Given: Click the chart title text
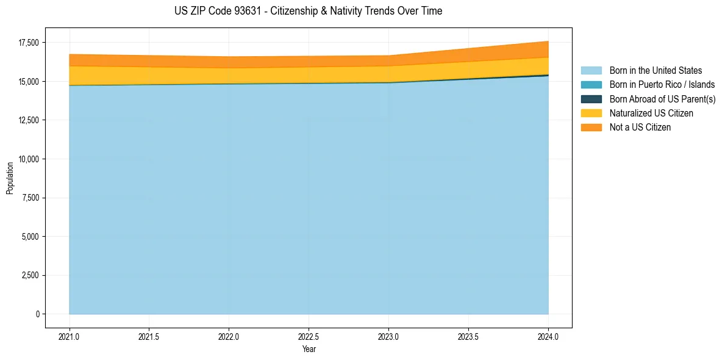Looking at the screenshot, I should coord(308,11).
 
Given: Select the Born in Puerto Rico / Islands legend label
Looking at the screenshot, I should coord(662,85).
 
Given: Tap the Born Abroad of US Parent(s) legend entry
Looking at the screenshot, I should coord(662,99).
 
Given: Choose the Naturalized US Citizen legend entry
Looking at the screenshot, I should coord(651,113).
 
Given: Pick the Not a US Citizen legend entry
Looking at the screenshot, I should coord(640,127).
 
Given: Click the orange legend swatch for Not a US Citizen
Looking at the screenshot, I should coord(591,127).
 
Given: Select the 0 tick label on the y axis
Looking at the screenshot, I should coord(37,314).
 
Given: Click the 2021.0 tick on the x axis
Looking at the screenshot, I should coord(70,336).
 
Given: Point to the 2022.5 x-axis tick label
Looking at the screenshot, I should coord(309,336).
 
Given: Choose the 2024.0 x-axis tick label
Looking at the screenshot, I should coord(548,336).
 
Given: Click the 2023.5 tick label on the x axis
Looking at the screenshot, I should coord(468,336).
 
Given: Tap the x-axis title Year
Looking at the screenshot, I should coord(309,349).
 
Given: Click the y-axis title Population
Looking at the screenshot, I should coord(10,178).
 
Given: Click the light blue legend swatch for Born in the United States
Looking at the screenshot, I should coord(591,71).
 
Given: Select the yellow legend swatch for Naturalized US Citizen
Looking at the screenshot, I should coord(591,113).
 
